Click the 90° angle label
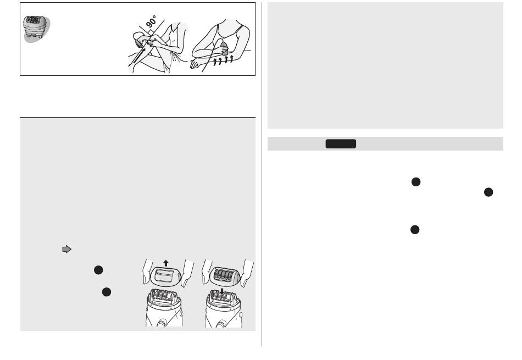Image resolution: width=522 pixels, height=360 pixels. [x=151, y=21]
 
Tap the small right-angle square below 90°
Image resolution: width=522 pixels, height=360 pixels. [x=150, y=32]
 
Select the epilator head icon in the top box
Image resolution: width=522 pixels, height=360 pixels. [x=36, y=29]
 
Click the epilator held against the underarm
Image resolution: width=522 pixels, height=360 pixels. [x=224, y=48]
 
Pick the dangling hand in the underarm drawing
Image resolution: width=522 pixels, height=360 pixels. [x=196, y=64]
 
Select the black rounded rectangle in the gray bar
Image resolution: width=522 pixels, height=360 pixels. [x=341, y=144]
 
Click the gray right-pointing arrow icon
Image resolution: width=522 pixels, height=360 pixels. [x=67, y=249]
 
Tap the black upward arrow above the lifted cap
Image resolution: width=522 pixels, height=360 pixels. [x=166, y=263]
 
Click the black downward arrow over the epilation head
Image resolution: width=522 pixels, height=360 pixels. [x=222, y=291]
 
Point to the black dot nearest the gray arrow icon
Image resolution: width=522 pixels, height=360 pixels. [x=98, y=270]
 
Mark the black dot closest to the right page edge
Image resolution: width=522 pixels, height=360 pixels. [x=488, y=192]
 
